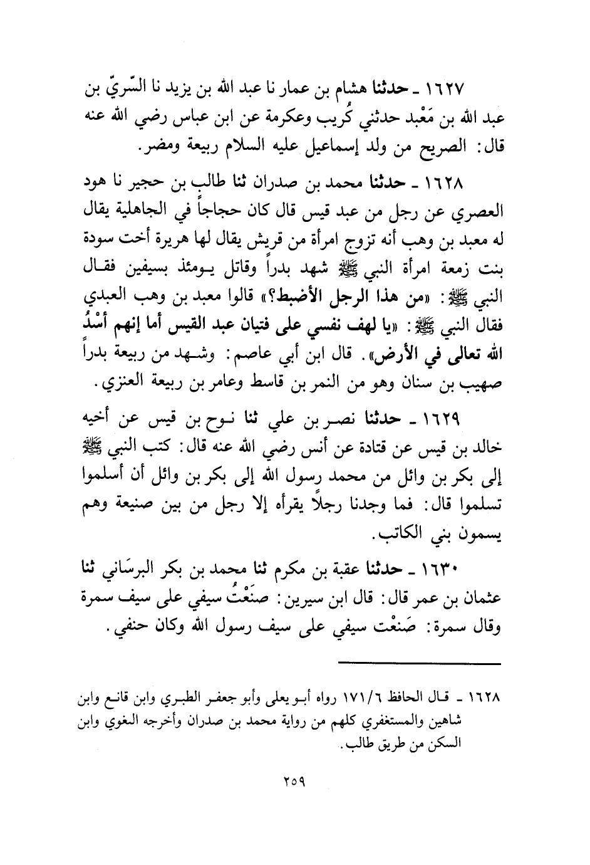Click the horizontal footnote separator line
418,663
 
